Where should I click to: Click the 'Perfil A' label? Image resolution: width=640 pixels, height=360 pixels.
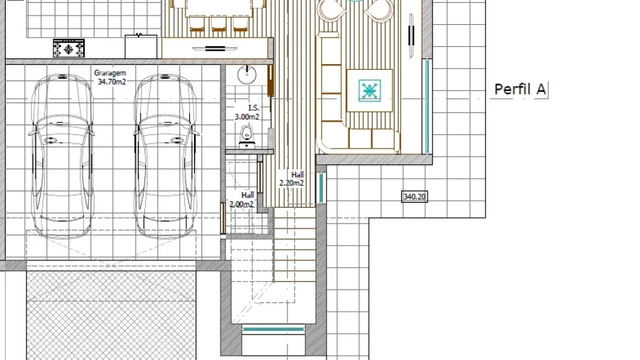(x=520, y=90)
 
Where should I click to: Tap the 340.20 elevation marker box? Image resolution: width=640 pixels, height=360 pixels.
(x=415, y=197)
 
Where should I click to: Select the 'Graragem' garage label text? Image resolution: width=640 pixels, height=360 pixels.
(x=110, y=73)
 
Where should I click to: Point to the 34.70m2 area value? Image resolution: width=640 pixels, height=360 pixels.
(x=112, y=82)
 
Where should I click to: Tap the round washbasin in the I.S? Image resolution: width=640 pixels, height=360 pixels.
(x=247, y=75)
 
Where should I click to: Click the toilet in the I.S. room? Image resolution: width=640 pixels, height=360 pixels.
(x=247, y=137)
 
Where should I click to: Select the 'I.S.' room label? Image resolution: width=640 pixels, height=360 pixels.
(x=253, y=107)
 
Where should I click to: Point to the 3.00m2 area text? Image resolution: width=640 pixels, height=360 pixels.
(x=247, y=117)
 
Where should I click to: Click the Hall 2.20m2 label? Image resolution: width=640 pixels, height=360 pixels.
(x=292, y=179)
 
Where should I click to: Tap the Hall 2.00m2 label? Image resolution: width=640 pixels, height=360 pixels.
(x=242, y=200)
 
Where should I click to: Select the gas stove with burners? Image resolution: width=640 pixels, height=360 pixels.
(x=68, y=48)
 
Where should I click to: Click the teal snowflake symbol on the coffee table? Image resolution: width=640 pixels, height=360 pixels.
(x=370, y=90)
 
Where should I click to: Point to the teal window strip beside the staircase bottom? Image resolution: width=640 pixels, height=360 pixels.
(x=273, y=329)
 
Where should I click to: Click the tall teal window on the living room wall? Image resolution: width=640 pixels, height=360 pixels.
(x=427, y=106)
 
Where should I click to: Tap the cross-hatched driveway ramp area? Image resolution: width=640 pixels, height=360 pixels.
(x=111, y=315)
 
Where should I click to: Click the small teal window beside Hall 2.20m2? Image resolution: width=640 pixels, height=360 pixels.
(x=321, y=188)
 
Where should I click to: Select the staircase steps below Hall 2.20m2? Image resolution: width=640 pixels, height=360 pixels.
(x=294, y=245)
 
